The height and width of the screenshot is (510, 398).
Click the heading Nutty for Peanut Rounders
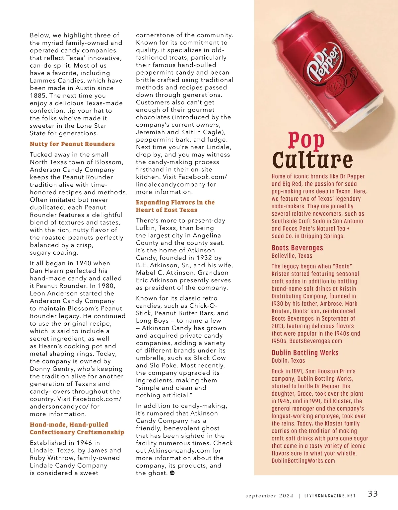[x=72, y=144]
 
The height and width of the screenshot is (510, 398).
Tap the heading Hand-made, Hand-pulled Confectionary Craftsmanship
[x=77, y=428]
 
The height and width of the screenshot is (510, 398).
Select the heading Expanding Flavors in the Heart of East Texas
[x=175, y=206]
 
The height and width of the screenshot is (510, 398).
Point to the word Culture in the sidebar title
[x=312, y=160]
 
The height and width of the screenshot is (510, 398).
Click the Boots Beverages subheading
[x=297, y=248]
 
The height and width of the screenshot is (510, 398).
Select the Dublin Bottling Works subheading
[x=305, y=352]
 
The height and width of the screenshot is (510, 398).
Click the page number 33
[x=373, y=494]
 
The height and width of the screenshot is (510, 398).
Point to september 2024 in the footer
[x=269, y=496]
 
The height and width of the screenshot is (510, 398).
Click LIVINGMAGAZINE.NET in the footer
[x=330, y=496]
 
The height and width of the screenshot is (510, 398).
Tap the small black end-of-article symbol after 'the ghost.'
[x=172, y=473]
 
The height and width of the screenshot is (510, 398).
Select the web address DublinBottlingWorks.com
[x=303, y=461]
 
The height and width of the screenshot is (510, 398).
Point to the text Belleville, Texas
[x=292, y=256]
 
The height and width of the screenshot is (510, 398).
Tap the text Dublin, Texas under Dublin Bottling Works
[x=288, y=360]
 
